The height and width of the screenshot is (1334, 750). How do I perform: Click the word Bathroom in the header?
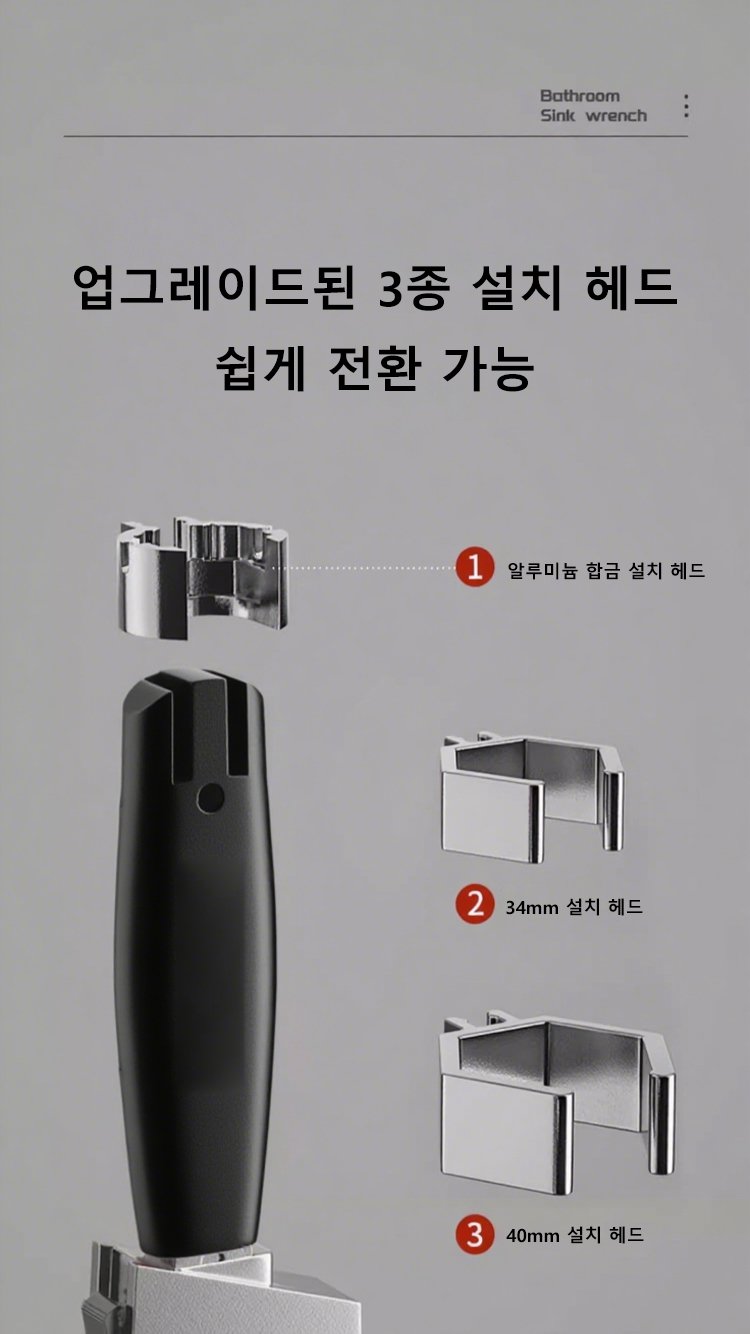[x=580, y=96]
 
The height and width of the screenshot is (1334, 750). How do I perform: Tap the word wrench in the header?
[x=616, y=116]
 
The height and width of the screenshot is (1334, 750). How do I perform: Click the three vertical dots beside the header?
[x=686, y=106]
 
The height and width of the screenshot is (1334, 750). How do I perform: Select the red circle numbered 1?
[x=475, y=568]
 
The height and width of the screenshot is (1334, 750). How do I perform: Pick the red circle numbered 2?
[x=475, y=904]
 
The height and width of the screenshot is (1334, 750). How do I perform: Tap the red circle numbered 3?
[x=475, y=1235]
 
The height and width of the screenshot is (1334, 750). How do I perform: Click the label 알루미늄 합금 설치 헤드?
[x=606, y=571]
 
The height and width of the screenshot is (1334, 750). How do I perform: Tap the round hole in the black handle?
[x=210, y=798]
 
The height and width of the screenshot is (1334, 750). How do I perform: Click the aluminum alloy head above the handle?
[x=203, y=577]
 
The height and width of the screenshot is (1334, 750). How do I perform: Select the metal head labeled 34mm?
[x=532, y=799]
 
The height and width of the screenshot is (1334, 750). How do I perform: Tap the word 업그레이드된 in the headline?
[x=215, y=289]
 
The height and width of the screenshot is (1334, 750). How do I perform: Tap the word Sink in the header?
[x=557, y=116]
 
